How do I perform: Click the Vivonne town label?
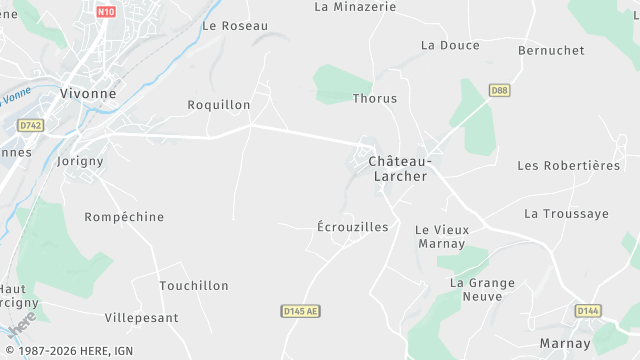tap(88, 93)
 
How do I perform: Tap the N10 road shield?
tap(107, 13)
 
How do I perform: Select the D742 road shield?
tap(31, 125)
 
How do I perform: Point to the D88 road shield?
tap(500, 91)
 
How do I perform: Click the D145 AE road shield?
tap(299, 312)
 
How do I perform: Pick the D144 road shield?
tap(588, 311)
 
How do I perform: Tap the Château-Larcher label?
tap(399, 168)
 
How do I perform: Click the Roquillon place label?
tap(219, 104)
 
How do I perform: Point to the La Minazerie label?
tap(355, 6)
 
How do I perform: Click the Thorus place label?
tap(375, 99)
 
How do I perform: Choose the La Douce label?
tap(450, 45)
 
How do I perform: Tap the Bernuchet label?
tap(551, 49)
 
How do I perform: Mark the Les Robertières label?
tap(569, 165)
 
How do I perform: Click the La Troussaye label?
tap(566, 214)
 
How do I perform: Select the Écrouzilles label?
tap(352, 227)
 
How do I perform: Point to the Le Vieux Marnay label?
tap(441, 236)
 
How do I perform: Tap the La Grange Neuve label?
tap(482, 289)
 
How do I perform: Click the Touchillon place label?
tap(194, 286)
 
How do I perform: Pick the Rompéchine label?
tap(124, 217)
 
